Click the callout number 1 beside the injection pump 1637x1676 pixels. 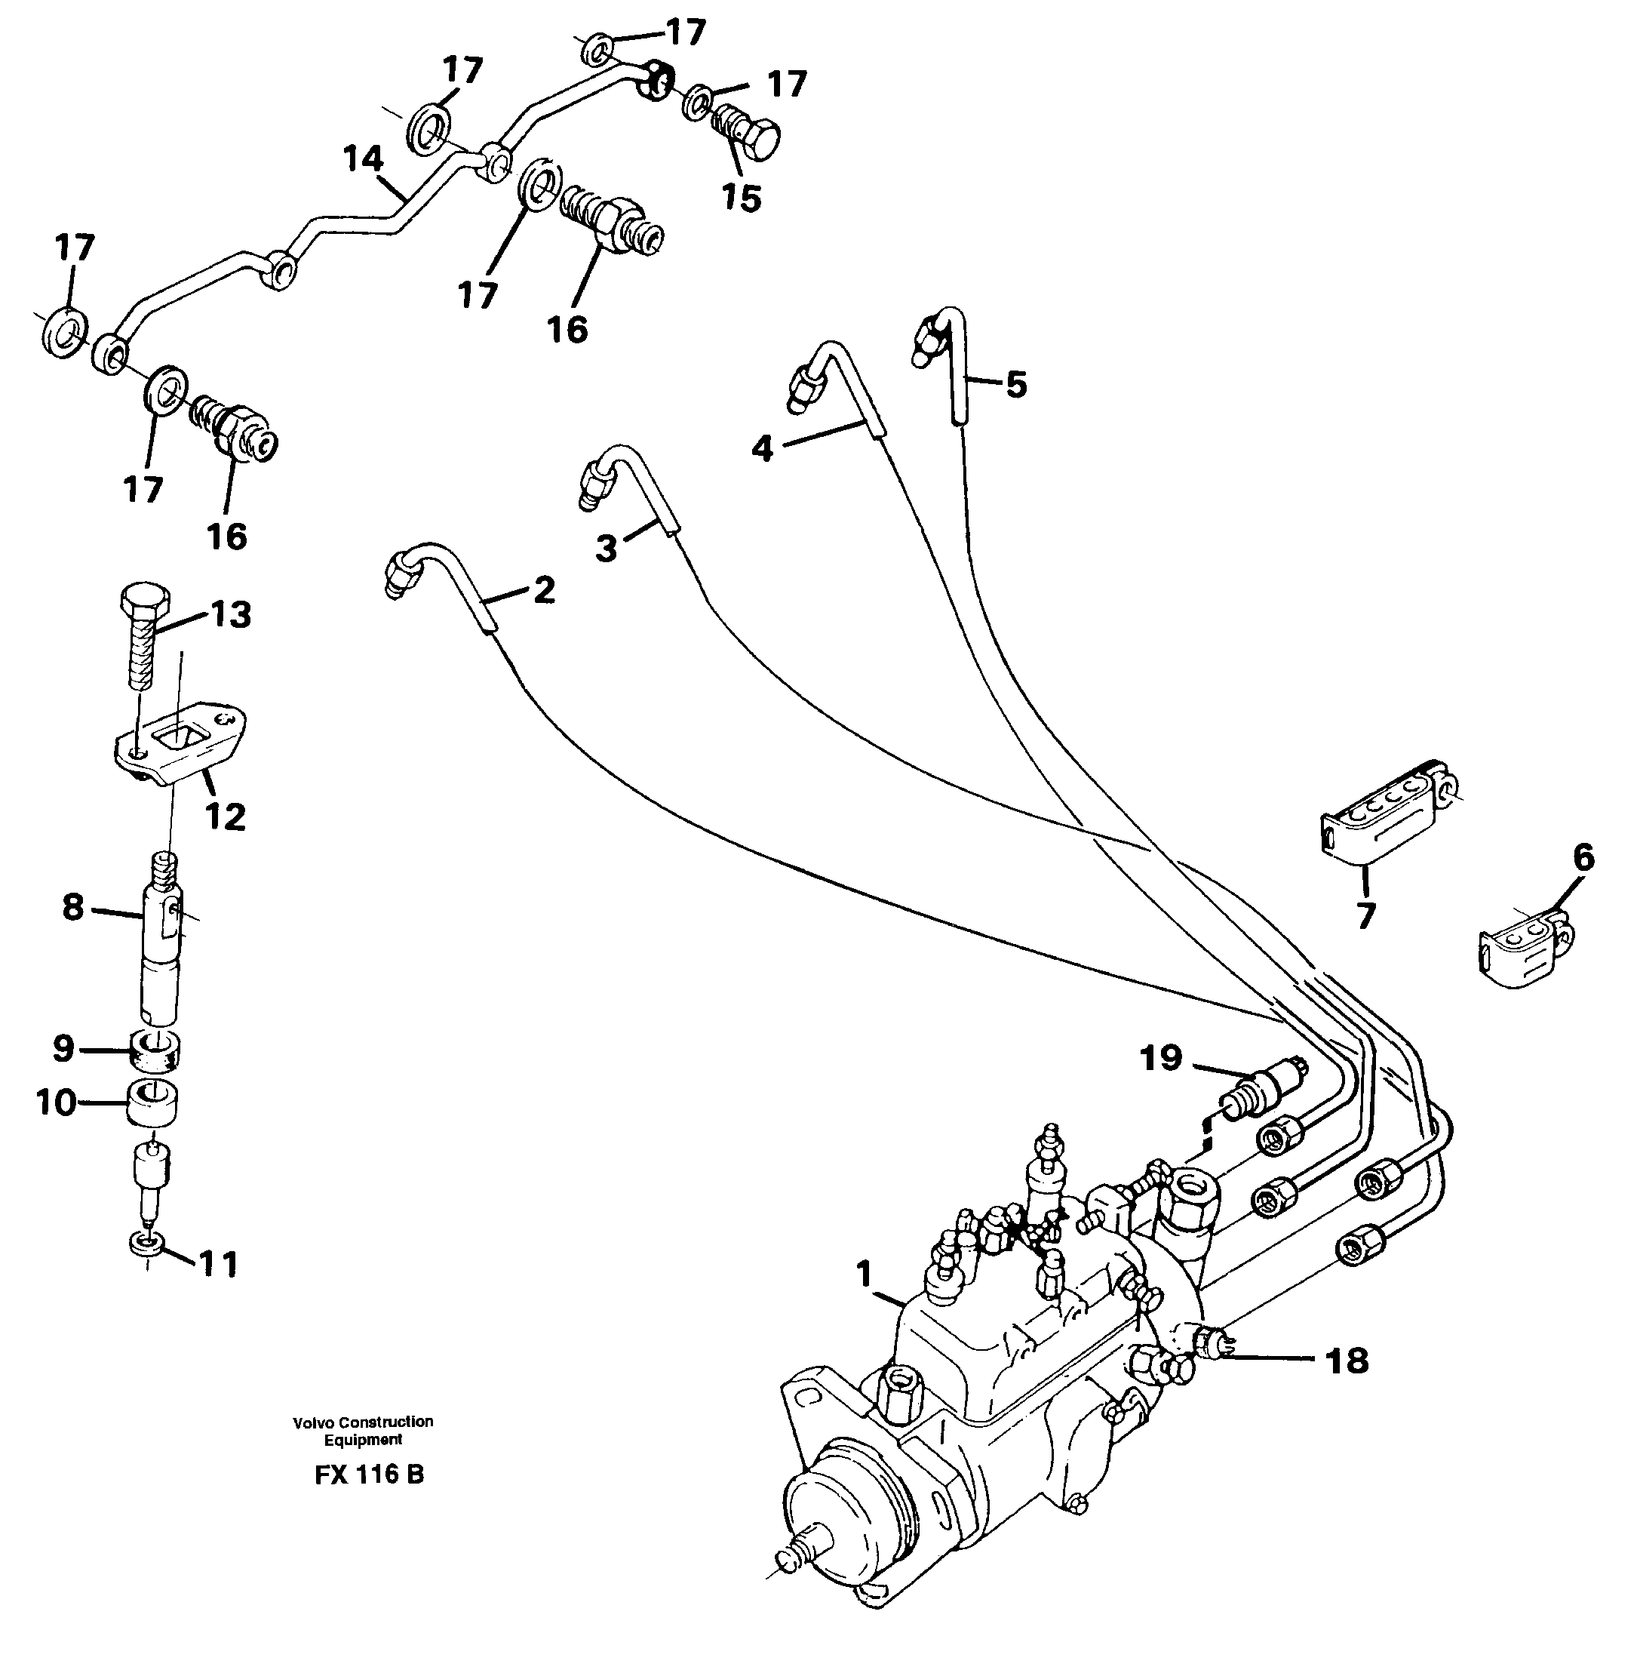click(x=863, y=1274)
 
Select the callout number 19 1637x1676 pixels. click(x=1161, y=1059)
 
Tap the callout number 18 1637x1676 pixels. click(x=1347, y=1361)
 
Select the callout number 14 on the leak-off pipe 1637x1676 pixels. click(x=362, y=159)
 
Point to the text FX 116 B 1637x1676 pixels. click(x=369, y=1475)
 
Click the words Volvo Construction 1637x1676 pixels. click(x=363, y=1422)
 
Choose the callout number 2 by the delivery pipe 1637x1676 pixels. click(x=543, y=590)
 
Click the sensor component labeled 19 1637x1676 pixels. click(x=1263, y=1090)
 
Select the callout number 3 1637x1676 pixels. click(x=606, y=548)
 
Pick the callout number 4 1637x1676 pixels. click(x=762, y=448)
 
